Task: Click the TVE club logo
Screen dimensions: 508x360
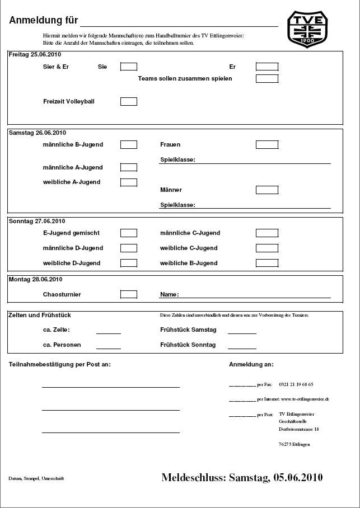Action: tap(307, 29)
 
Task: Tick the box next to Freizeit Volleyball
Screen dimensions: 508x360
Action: tap(129, 101)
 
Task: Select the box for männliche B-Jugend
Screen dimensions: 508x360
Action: tap(129, 144)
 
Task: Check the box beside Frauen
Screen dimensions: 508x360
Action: tap(267, 144)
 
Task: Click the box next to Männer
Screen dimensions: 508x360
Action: tap(267, 190)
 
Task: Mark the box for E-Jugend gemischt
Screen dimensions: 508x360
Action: tap(129, 233)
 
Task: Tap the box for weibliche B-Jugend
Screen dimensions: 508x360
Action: tap(267, 263)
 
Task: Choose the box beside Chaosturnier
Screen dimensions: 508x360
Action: tap(129, 294)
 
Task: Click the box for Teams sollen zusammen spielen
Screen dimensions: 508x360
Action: tap(267, 78)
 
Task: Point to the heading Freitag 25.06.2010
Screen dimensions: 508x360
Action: tap(35, 55)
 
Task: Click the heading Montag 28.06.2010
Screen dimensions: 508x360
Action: tap(36, 279)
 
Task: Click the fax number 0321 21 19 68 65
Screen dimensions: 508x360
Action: tap(296, 384)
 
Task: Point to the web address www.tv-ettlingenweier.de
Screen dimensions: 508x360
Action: tap(305, 399)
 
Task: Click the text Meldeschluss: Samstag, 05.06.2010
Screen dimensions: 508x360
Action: tap(242, 477)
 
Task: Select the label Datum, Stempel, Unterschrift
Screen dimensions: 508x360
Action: tap(36, 478)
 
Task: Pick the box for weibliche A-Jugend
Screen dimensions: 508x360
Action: tap(129, 182)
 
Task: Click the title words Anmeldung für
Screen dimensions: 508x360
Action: tap(43, 21)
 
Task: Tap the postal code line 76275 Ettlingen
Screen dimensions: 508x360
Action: tap(294, 444)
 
